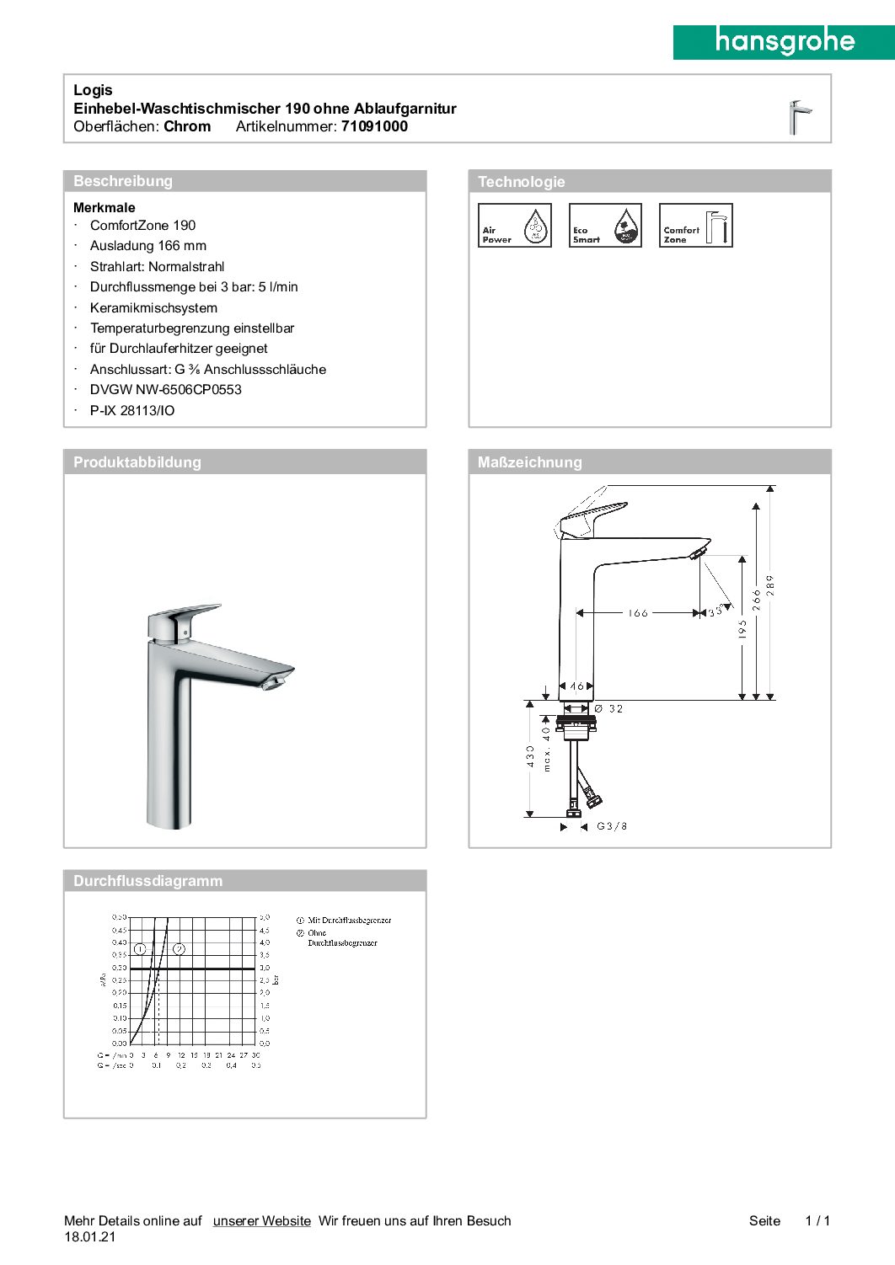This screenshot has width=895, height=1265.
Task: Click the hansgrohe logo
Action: pyautogui.click(x=784, y=41)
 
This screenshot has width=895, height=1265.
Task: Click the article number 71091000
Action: pyautogui.click(x=374, y=127)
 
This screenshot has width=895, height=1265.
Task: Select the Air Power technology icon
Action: pyautogui.click(x=514, y=226)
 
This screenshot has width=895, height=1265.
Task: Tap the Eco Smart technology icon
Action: pyautogui.click(x=605, y=226)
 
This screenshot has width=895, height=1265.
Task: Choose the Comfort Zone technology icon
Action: pyautogui.click(x=695, y=226)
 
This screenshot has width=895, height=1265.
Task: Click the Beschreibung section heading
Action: pyautogui.click(x=123, y=181)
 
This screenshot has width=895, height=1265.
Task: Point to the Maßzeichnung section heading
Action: pyautogui.click(x=529, y=462)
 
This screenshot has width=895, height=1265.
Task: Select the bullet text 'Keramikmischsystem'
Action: pyautogui.click(x=153, y=308)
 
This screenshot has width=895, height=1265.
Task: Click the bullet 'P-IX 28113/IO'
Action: pyautogui.click(x=132, y=411)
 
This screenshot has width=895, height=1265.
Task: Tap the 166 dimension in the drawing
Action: pyautogui.click(x=638, y=613)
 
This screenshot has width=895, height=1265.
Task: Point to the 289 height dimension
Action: pyautogui.click(x=769, y=585)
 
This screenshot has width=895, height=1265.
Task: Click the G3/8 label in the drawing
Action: pyautogui.click(x=612, y=826)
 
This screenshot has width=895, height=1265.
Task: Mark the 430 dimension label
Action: pyautogui.click(x=530, y=755)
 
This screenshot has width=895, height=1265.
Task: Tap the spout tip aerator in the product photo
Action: pyautogui.click(x=273, y=682)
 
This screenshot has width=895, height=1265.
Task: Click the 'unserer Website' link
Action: pyautogui.click(x=261, y=1221)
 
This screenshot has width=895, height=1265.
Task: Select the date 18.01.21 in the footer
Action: pyautogui.click(x=90, y=1237)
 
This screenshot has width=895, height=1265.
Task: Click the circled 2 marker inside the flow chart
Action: pyautogui.click(x=179, y=949)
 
